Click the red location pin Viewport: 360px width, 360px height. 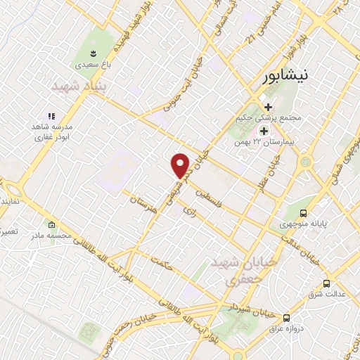pyautogui.click(x=181, y=165)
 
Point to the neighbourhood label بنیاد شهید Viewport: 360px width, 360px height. pyautogui.click(x=79, y=86)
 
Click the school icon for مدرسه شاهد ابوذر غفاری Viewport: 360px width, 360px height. pyautogui.click(x=51, y=116)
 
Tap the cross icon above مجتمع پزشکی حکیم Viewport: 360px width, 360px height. pyautogui.click(x=268, y=107)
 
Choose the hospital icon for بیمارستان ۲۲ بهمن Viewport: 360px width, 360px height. pyautogui.click(x=264, y=131)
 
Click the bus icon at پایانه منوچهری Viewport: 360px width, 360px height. pyautogui.click(x=303, y=213)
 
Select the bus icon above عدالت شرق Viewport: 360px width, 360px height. pyautogui.click(x=326, y=283)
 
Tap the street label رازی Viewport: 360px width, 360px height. pyautogui.click(x=186, y=210)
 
